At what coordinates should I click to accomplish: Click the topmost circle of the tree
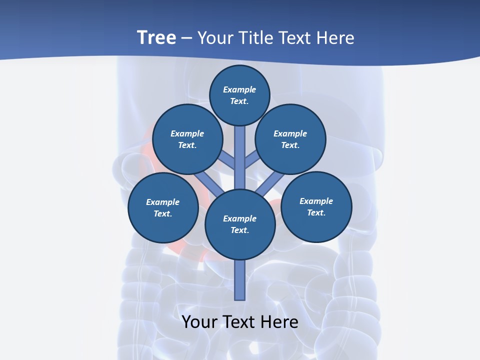239,95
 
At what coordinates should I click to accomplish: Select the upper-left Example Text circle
187,139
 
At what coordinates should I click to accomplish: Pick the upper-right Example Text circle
290,139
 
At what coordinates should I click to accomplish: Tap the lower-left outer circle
163,208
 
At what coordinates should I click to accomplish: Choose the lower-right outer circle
316,206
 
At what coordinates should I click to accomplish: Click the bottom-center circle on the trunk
240,224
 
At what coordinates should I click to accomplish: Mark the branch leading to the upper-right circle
253,160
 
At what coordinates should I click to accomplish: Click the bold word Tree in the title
156,37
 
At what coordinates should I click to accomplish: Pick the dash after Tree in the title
186,38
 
